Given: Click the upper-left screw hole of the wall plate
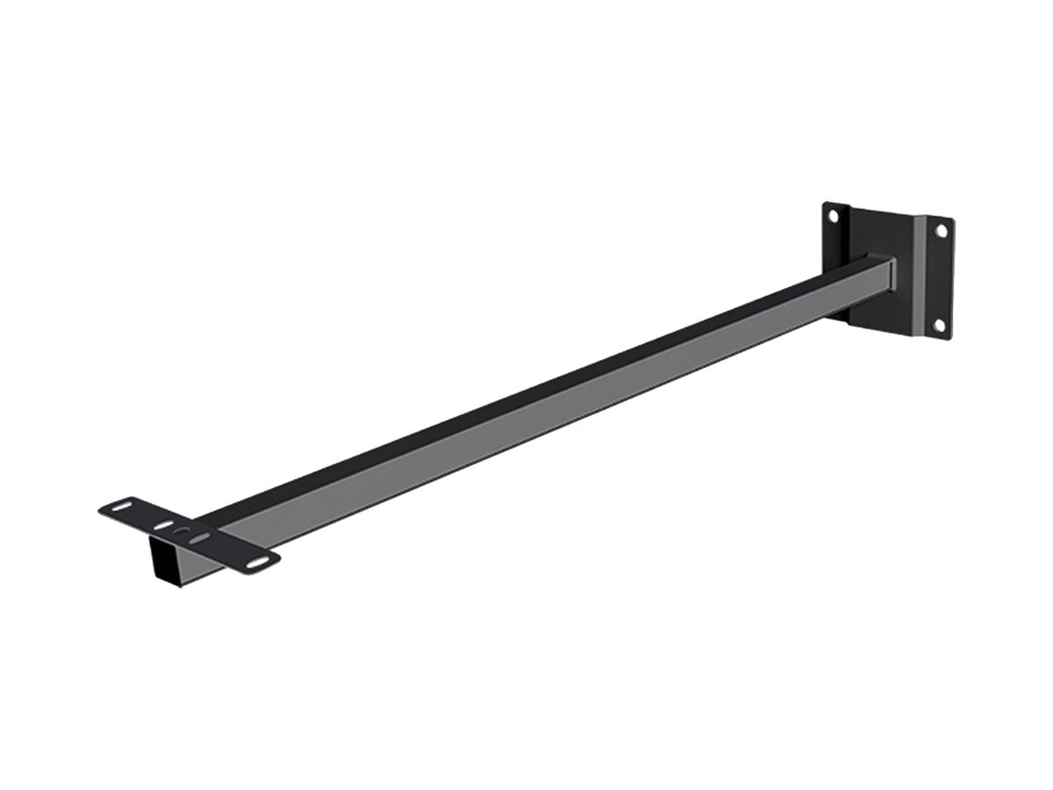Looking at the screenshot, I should click(835, 213).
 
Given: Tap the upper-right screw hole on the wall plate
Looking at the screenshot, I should click(941, 231).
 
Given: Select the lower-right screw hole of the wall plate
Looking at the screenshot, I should click(940, 326).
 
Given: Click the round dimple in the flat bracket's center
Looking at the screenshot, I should click(183, 532).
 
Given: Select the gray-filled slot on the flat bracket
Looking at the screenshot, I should click(202, 536).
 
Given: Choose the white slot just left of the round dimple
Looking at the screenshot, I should click(164, 525).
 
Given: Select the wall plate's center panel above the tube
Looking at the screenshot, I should click(877, 233).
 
